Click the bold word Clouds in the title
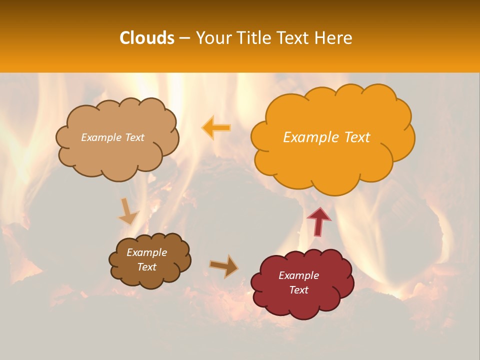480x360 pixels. (146, 38)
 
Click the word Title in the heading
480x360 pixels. (254, 38)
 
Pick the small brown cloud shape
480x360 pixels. (150, 277)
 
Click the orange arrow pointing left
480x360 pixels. (216, 128)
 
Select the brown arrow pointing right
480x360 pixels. (223, 266)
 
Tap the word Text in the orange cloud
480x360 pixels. (356, 137)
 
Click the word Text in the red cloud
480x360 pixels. (298, 290)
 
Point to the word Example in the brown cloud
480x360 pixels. (146, 252)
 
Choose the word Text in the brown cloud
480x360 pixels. (146, 267)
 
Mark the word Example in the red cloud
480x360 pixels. (298, 275)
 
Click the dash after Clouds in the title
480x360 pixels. (184, 38)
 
